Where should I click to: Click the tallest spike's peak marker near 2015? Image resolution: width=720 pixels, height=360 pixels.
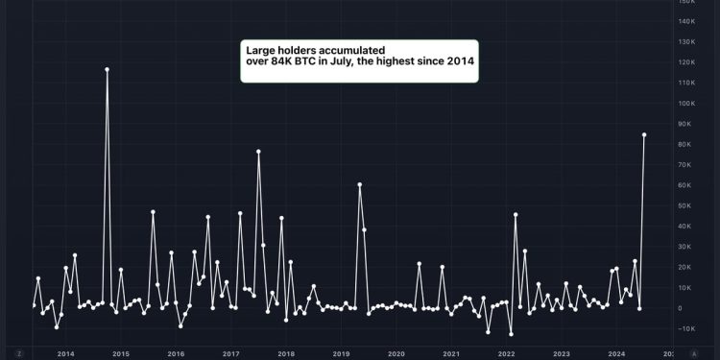(x=107, y=69)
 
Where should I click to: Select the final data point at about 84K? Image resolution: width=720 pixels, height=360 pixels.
(x=644, y=134)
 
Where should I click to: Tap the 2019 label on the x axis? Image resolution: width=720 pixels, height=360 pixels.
(x=341, y=353)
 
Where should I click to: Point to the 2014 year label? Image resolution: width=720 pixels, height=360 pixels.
(x=65, y=353)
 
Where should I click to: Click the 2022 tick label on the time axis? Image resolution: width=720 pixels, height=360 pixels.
(x=506, y=353)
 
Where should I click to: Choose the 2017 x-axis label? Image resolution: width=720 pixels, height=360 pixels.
(x=230, y=353)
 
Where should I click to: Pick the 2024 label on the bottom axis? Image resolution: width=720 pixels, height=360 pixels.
(x=616, y=353)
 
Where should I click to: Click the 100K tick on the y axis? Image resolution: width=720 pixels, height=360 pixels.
(x=685, y=103)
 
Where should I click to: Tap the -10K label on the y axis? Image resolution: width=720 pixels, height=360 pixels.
(x=685, y=328)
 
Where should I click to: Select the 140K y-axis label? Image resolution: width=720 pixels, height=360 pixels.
(x=685, y=21)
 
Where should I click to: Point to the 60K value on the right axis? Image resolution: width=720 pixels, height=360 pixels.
(x=685, y=185)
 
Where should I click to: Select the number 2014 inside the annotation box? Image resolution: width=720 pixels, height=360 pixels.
(x=458, y=60)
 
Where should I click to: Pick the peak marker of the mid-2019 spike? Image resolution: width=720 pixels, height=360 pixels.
(x=359, y=184)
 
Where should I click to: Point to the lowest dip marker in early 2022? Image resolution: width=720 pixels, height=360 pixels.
(x=511, y=334)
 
